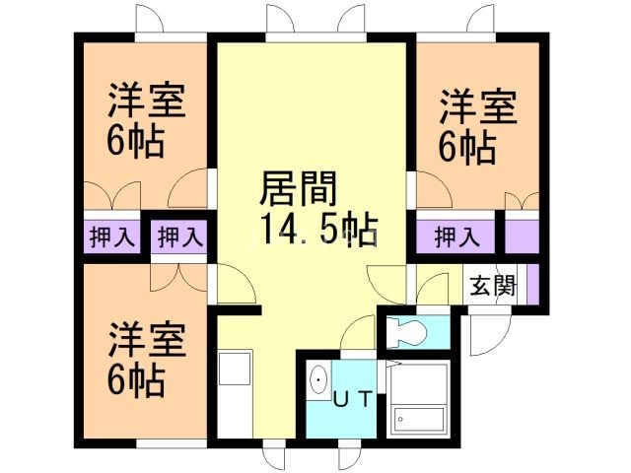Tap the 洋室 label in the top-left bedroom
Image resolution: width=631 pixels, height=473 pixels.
point(148,101)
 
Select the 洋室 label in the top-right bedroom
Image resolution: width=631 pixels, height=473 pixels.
point(478,106)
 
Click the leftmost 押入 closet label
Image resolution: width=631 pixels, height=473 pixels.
point(112,236)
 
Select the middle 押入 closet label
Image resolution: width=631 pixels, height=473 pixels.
point(180,236)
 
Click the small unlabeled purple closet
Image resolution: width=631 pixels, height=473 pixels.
point(524,236)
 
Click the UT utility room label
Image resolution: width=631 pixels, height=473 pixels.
point(352,399)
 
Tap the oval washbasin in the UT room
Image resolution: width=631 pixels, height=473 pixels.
point(319,381)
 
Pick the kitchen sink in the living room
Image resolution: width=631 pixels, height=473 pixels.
point(234,370)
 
